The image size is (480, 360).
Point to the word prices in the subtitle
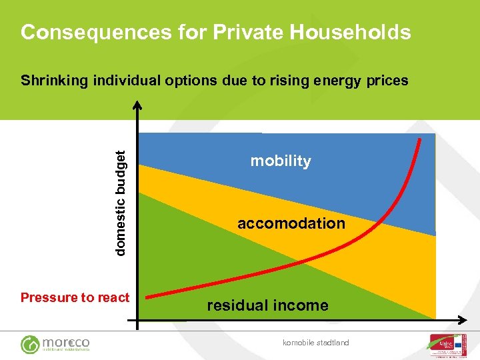click(x=385, y=81)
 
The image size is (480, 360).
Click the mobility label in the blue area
click(x=281, y=161)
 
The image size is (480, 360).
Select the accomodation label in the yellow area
click(x=291, y=223)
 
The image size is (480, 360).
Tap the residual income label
click(x=267, y=305)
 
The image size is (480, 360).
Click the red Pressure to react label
click(x=75, y=297)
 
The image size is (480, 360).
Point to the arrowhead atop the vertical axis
click(x=137, y=105)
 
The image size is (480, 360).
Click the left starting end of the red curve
click(x=149, y=296)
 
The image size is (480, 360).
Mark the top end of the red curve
click(x=421, y=139)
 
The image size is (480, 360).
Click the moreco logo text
click(x=66, y=342)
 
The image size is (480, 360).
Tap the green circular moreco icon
click(x=30, y=344)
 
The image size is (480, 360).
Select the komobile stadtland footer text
click(x=315, y=343)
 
